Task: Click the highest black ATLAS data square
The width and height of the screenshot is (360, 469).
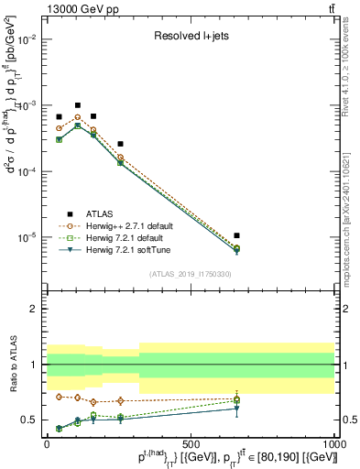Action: [x=78, y=105]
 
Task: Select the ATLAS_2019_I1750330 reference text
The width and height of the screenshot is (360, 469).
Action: [x=191, y=273]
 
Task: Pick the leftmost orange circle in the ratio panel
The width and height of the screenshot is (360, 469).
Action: [x=60, y=397]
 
